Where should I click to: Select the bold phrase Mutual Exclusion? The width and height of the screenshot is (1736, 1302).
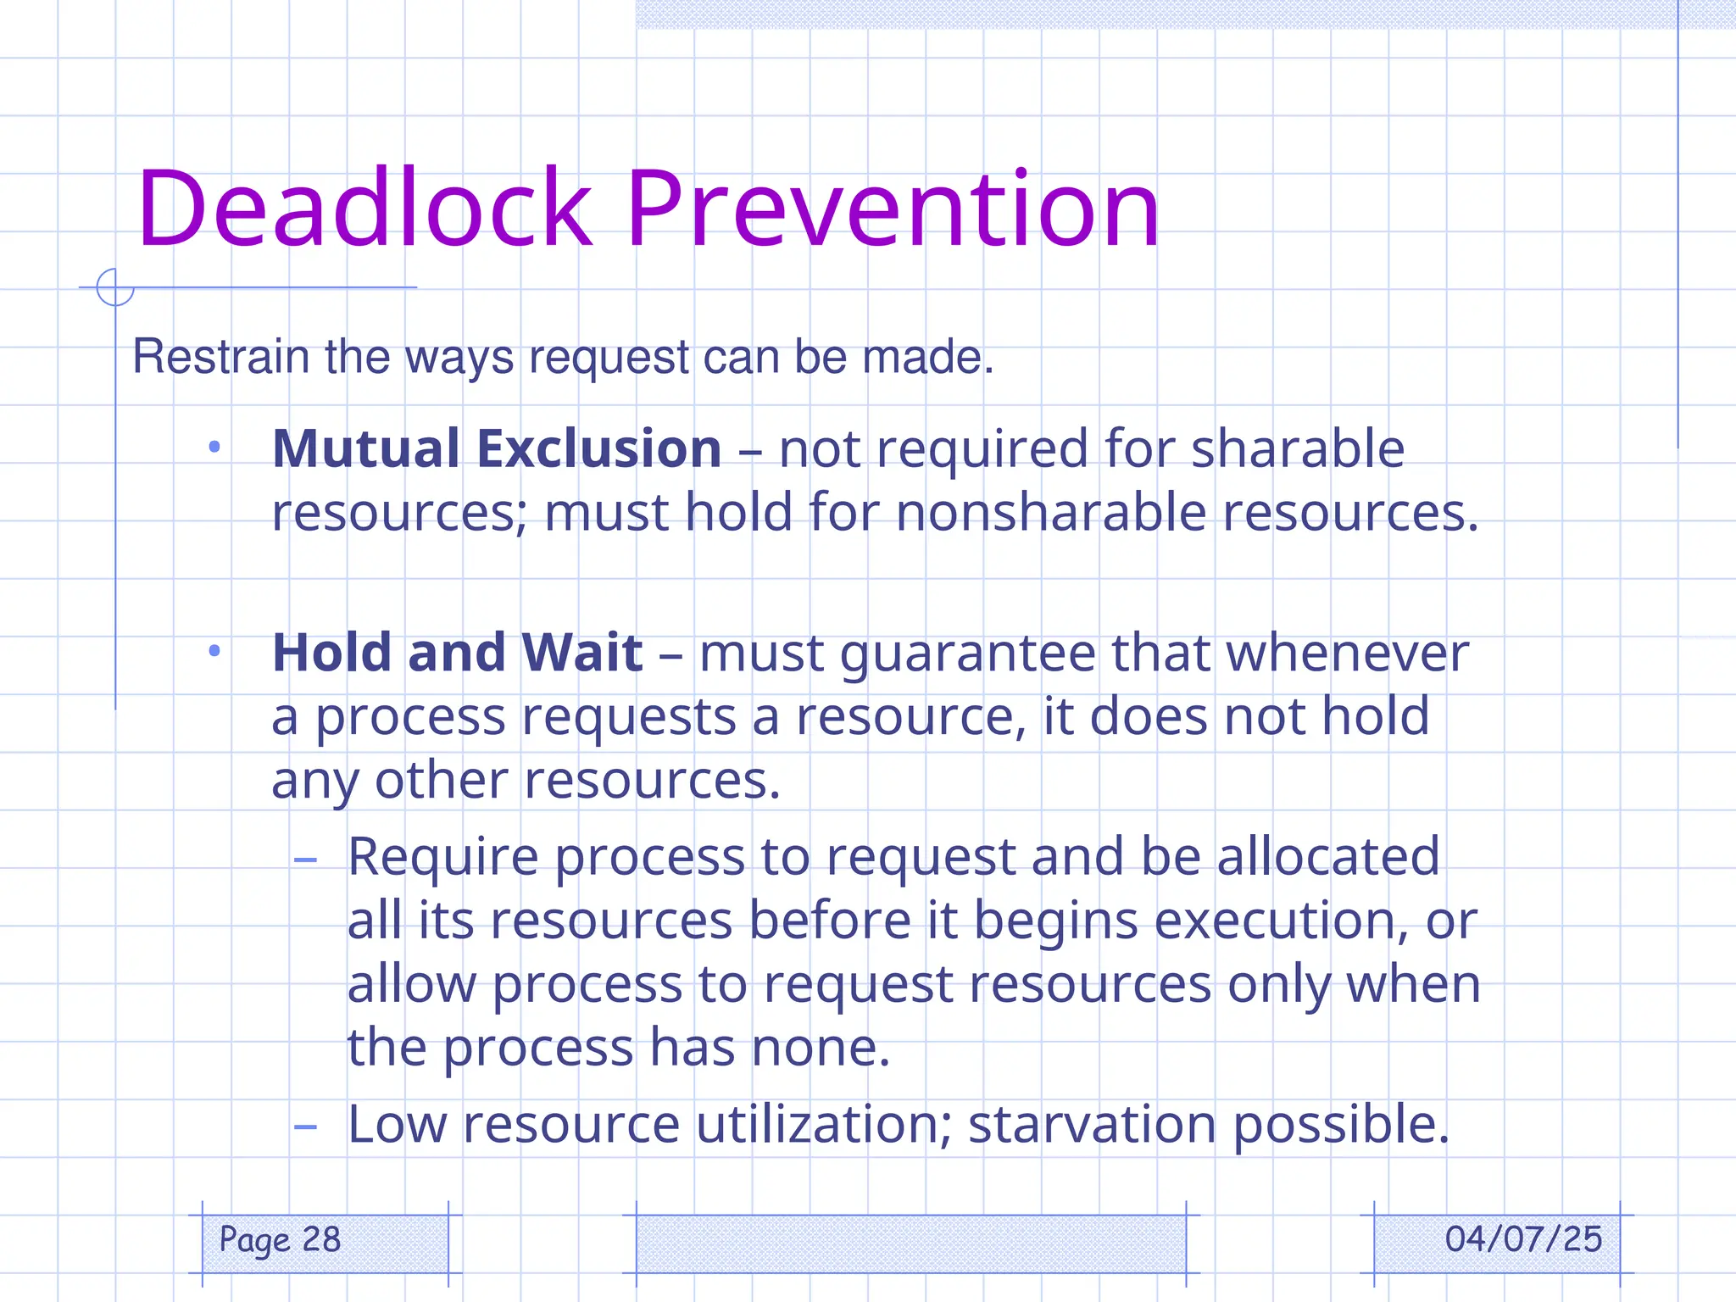[497, 448]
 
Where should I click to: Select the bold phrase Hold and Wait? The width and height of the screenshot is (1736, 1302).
[457, 653]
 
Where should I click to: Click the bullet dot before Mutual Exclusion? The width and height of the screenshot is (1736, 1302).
[214, 447]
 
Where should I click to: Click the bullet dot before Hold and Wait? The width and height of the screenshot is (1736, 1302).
[214, 651]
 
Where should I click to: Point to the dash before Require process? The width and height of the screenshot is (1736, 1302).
[305, 860]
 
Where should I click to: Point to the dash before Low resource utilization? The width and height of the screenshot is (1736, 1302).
[305, 1127]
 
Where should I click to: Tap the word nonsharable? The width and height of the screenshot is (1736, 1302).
[1050, 513]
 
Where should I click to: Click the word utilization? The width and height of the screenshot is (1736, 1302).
[822, 1125]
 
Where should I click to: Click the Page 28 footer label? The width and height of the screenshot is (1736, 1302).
[280, 1240]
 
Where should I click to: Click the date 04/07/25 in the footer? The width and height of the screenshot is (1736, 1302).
[1523, 1239]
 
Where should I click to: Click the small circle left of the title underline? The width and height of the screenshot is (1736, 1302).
[115, 287]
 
